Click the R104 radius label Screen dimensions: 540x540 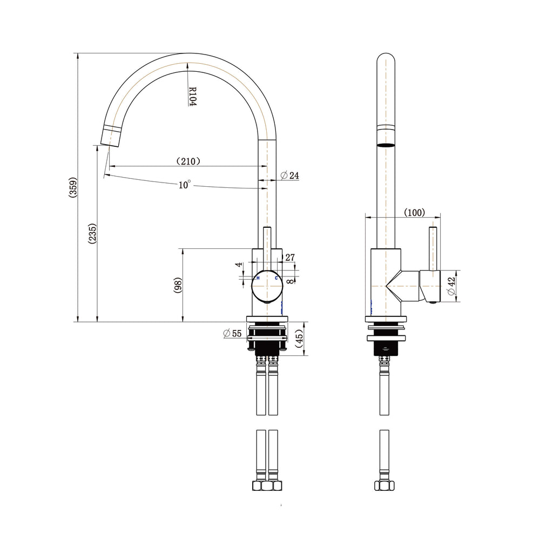193,96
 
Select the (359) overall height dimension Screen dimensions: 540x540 73,187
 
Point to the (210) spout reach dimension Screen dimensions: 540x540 188,161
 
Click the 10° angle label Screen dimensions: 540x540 184,185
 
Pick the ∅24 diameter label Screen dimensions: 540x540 289,175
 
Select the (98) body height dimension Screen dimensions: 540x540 178,285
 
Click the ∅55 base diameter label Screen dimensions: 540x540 232,333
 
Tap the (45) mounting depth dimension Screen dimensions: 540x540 299,338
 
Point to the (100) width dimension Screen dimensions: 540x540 414,212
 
